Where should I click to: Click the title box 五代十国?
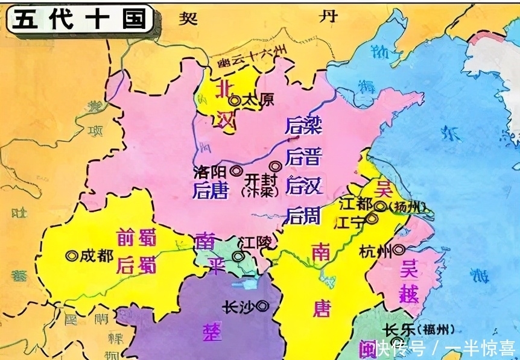(79, 18)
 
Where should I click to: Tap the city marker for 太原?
(235, 101)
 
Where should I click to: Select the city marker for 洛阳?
(235, 171)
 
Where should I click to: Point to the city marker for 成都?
(72, 256)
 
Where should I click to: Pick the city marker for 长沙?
(262, 306)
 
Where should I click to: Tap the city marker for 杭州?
(399, 249)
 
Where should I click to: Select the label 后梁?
(303, 126)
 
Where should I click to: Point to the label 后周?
(303, 215)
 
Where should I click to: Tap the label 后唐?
(209, 191)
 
